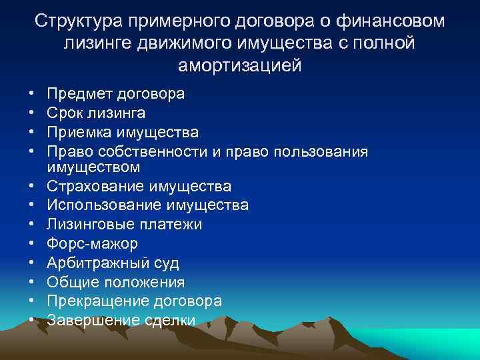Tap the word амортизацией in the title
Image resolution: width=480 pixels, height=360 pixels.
coord(240,66)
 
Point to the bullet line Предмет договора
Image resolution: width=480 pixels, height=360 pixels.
coord(121,94)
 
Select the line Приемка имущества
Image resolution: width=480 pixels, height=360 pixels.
coord(123,133)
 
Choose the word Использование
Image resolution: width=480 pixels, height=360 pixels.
coord(110,205)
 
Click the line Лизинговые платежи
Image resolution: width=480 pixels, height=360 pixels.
coord(129,224)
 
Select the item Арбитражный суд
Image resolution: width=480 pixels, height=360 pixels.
coord(118,263)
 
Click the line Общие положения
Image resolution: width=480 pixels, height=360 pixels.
coord(121,282)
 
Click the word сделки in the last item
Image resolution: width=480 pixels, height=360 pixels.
coord(170,321)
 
